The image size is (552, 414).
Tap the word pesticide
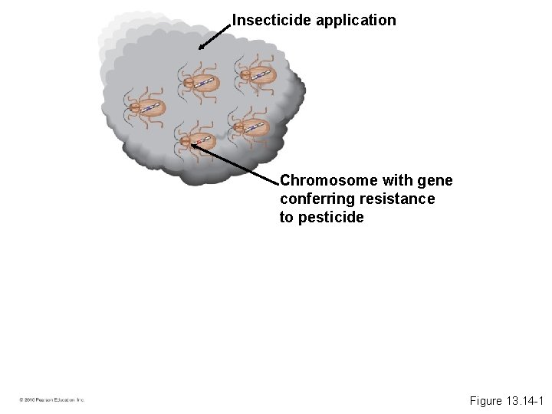334,218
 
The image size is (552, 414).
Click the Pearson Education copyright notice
52,399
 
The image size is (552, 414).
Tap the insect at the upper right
255,74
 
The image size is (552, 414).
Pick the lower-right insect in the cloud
249,127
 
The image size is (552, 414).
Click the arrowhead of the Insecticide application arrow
201,48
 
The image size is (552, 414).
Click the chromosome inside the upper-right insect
261,74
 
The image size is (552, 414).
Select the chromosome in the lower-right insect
255,126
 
